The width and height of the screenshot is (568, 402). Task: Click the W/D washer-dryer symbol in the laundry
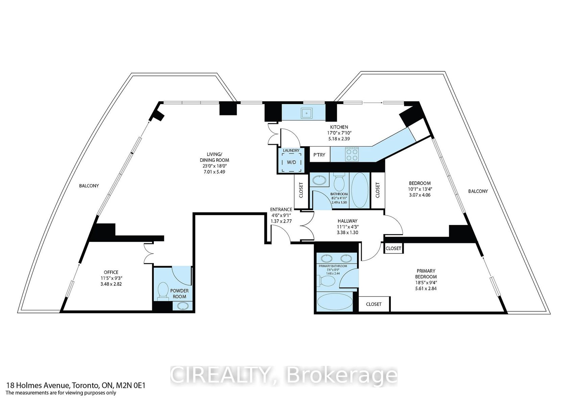(291, 162)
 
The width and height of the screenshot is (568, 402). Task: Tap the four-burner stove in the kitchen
(352, 155)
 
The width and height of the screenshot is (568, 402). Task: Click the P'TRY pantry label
(319, 155)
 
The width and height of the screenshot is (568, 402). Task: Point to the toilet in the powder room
(163, 291)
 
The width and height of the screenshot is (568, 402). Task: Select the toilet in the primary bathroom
(326, 281)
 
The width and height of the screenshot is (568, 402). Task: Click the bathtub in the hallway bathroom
(360, 190)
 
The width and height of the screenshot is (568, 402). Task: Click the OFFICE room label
(111, 272)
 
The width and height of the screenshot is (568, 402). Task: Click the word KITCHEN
(339, 127)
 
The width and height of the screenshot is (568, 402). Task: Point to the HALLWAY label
(348, 221)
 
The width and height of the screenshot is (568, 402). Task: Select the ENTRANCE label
(281, 209)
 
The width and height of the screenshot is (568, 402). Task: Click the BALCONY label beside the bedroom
(478, 191)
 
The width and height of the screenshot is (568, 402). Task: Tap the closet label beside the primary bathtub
(374, 304)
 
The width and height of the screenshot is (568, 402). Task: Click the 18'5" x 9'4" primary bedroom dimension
(425, 283)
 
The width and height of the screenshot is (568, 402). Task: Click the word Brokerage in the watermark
(342, 375)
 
